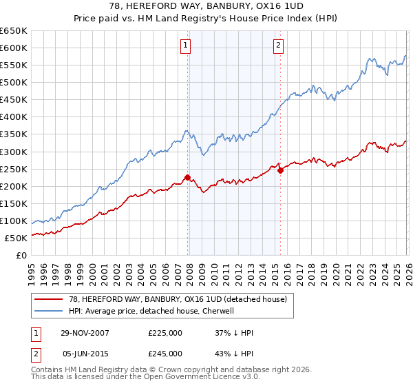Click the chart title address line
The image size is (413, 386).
(206, 6)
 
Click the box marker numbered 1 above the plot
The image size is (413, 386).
(187, 46)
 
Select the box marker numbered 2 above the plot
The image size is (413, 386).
(278, 46)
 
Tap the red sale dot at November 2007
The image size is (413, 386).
(187, 177)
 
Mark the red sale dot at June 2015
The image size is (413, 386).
(279, 170)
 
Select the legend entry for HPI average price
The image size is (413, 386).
(151, 311)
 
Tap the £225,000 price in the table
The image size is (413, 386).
(165, 333)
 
